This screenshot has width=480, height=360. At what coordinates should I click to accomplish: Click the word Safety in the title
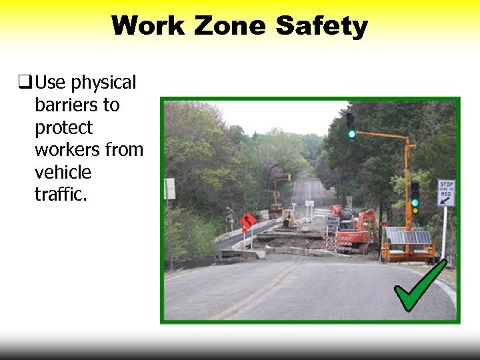click(321, 26)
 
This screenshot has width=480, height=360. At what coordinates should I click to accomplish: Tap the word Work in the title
click(148, 26)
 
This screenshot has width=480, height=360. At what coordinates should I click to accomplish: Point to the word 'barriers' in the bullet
click(77, 105)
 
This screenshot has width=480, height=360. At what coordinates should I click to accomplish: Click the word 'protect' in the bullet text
click(63, 127)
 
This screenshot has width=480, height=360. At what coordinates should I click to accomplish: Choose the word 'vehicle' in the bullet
click(63, 172)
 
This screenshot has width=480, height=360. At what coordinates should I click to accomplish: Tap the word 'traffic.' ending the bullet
click(61, 194)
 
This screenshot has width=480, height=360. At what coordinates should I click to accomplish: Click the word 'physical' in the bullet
click(103, 83)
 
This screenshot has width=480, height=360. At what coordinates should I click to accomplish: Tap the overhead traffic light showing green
click(351, 125)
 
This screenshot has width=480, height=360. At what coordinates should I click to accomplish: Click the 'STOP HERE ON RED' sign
click(446, 192)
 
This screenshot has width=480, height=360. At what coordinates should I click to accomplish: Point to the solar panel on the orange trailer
click(408, 236)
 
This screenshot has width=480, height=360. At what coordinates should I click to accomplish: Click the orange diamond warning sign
click(248, 221)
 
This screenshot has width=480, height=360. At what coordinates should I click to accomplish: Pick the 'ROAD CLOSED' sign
click(332, 221)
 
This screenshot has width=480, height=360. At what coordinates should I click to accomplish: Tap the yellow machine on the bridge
click(288, 217)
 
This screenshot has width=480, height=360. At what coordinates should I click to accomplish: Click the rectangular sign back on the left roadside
click(169, 189)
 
